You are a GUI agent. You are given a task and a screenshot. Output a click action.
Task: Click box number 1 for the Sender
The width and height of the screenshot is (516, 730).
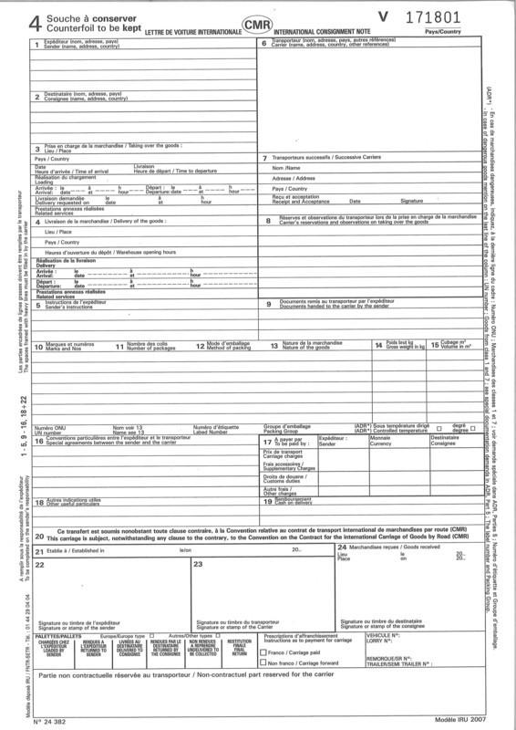point(36,44)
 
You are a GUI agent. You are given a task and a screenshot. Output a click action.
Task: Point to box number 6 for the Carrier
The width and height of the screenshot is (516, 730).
point(264,44)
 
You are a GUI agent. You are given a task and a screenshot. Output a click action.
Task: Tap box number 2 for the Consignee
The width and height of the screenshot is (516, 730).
point(36,96)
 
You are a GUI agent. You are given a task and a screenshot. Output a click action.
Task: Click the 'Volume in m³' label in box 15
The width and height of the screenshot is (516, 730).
point(459,349)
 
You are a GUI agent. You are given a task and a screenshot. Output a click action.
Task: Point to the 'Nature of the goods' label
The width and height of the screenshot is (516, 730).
point(304,349)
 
